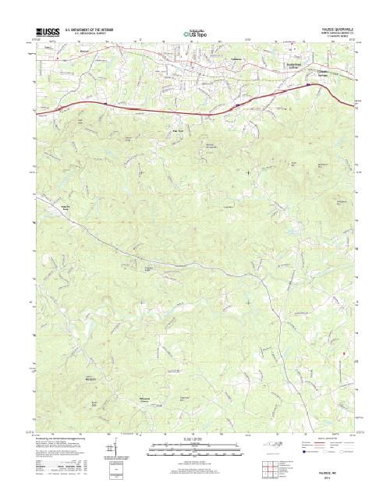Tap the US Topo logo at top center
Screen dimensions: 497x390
[194, 34]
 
